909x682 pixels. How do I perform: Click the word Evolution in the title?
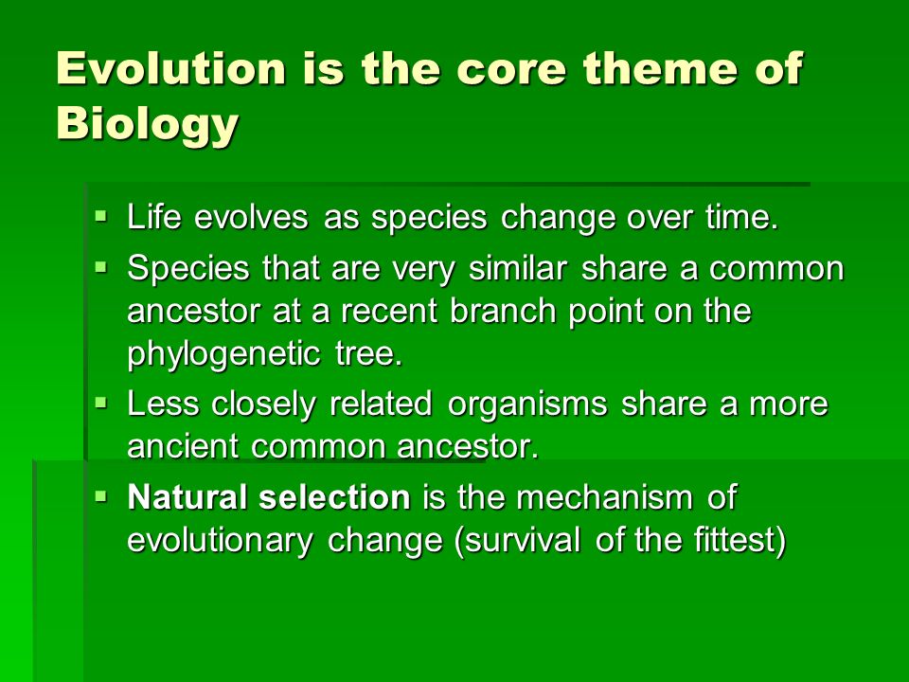click(171, 68)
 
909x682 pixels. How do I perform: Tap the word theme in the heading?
click(660, 68)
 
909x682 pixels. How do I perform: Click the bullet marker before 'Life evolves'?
click(101, 217)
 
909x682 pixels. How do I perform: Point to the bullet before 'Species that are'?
click(101, 268)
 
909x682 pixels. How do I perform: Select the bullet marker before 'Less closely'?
click(101, 403)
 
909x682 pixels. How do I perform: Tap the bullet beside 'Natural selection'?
click(101, 496)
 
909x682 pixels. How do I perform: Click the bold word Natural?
click(187, 497)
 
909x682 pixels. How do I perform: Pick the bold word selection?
click(334, 497)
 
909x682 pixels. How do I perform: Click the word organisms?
click(527, 404)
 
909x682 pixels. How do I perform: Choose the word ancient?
click(183, 446)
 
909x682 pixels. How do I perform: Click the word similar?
click(518, 268)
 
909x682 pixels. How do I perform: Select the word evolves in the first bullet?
click(251, 218)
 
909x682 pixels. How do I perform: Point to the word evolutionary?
click(221, 542)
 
